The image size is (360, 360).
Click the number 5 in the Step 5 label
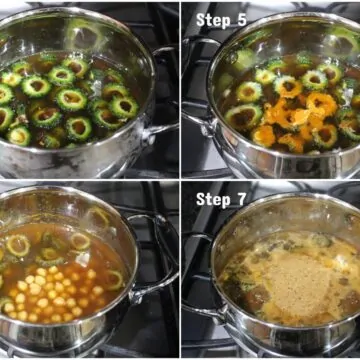tap(241, 20)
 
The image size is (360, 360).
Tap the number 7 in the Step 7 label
tap(241, 199)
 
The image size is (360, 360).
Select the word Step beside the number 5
tap(212, 21)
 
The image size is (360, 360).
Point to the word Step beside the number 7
tap(212, 200)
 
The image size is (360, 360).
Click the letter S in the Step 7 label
tap(200, 199)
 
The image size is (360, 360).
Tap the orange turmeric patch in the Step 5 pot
tap(293, 117)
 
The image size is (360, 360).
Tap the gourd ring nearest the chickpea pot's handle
tap(114, 280)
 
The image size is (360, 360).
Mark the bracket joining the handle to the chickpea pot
tap(137, 295)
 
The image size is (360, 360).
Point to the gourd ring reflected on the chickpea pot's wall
tap(98, 218)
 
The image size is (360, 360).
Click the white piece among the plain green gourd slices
tap(97, 88)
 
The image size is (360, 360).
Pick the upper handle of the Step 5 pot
tap(200, 42)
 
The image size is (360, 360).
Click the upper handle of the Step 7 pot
tap(197, 238)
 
